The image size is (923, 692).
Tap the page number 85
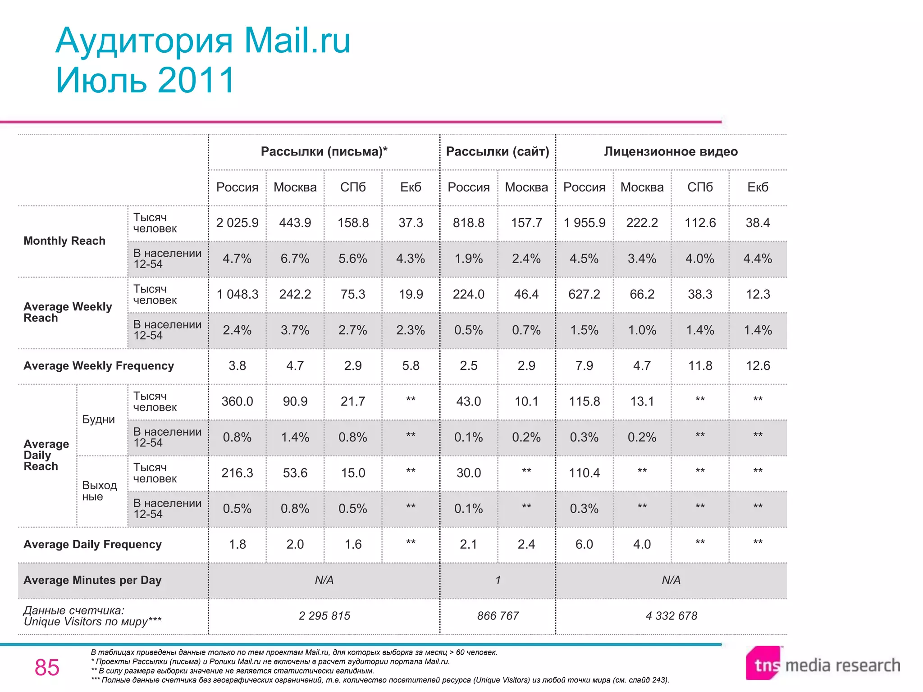(47, 667)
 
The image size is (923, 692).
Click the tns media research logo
(822, 665)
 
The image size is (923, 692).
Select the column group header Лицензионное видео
(671, 152)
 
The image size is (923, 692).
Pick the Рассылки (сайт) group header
(498, 152)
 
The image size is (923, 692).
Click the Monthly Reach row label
(64, 241)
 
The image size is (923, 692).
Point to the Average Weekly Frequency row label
(99, 366)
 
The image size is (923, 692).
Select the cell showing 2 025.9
(237, 223)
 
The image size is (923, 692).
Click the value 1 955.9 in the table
(584, 223)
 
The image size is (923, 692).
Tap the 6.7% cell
(295, 259)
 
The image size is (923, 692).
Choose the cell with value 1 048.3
(237, 294)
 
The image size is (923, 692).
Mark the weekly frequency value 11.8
(700, 366)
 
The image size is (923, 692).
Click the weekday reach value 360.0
(237, 401)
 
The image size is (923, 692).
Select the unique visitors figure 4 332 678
(671, 616)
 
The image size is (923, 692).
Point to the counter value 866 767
(498, 616)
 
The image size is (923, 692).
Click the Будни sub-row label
(98, 419)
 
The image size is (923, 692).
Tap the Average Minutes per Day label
(92, 580)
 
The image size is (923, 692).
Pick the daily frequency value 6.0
(584, 544)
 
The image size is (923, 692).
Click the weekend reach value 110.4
(584, 473)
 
